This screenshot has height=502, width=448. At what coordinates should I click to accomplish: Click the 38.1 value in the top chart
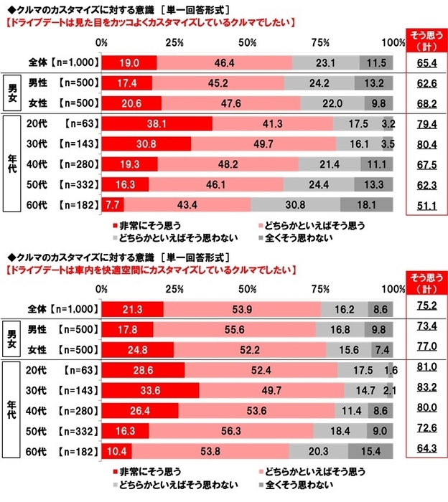157,123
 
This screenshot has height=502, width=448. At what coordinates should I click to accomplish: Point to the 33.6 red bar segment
150,390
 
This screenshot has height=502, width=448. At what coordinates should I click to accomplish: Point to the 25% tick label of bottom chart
174,290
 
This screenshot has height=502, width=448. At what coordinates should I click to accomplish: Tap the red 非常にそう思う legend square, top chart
116,224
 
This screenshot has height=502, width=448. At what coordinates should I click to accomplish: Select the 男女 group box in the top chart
12,93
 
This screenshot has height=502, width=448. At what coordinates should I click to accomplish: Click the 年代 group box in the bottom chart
12,410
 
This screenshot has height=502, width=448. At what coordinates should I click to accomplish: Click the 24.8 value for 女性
137,349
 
